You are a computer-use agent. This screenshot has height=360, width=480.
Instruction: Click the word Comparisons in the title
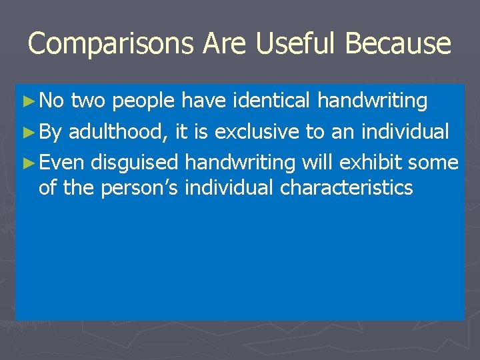[x=112, y=44]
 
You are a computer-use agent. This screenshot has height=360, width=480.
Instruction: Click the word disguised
[x=135, y=163]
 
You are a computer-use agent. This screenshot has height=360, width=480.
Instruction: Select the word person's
[x=140, y=189]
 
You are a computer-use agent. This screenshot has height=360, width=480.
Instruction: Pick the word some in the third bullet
[x=433, y=163]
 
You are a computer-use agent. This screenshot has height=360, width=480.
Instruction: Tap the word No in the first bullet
[x=52, y=101]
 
